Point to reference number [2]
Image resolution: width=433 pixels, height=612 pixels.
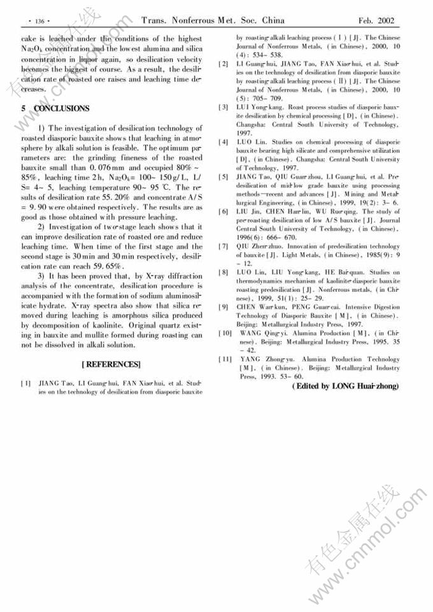(224, 65)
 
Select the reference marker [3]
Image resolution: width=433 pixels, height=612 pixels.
(224, 106)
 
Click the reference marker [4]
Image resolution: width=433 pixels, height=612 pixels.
(224, 141)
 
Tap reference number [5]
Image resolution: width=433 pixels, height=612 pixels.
(224, 176)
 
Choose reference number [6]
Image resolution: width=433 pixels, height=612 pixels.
(224, 211)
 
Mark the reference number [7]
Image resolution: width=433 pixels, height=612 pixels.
(224, 246)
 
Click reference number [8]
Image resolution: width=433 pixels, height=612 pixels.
(224, 273)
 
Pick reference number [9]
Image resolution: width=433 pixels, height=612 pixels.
(224, 307)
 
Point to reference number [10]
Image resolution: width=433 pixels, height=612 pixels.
(225, 333)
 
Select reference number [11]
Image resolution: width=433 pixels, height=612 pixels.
(225, 359)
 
